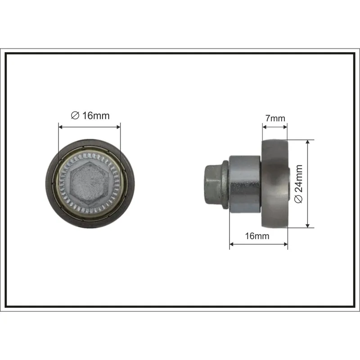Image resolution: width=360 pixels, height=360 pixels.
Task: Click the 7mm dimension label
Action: pos(275,118)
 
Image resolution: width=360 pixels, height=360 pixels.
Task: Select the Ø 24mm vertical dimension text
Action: pos(299,184)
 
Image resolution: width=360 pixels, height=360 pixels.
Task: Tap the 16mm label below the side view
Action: pos(257,236)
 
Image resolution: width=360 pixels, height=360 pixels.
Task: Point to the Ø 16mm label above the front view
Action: pos(90,116)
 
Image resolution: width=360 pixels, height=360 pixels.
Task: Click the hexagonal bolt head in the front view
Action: pos(89,184)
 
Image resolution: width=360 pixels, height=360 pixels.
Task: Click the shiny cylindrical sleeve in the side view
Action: pos(245,184)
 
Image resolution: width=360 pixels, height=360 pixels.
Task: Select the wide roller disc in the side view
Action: pos(275,184)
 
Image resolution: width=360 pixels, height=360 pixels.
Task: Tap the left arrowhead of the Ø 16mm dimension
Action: pos(61,127)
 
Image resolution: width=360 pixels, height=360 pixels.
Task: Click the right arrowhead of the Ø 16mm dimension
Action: pos(118,127)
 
